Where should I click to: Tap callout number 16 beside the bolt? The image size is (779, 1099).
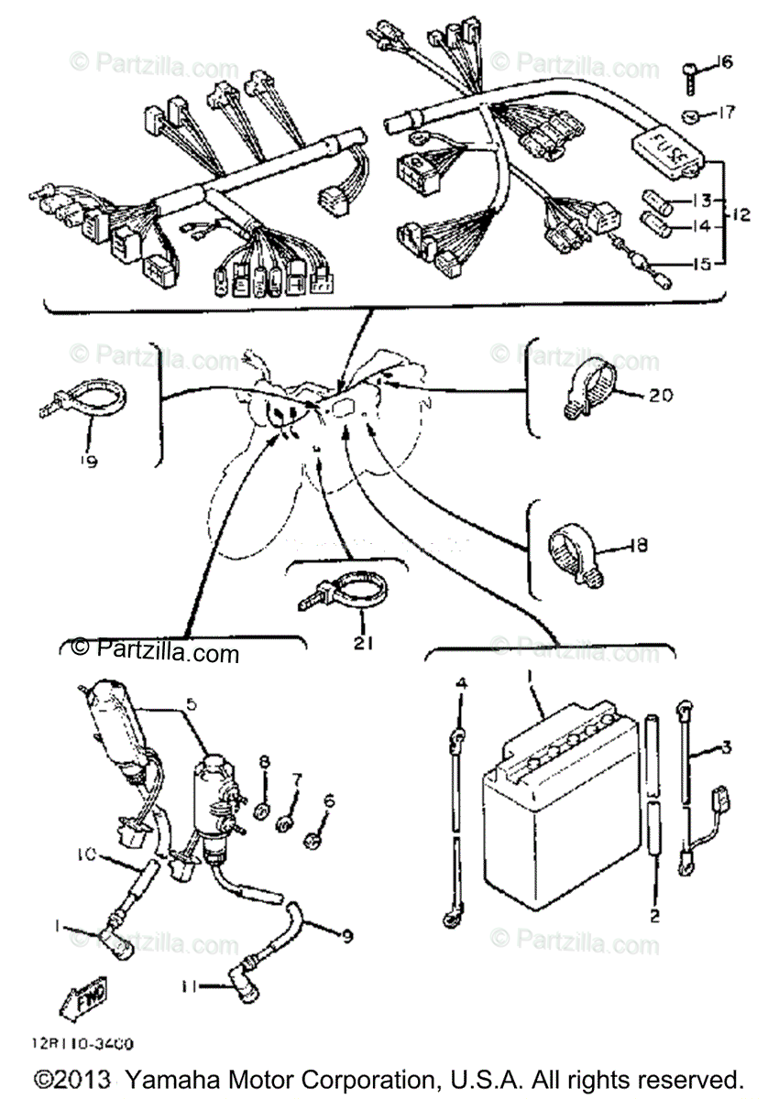point(725,62)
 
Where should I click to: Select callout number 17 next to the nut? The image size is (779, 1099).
point(725,114)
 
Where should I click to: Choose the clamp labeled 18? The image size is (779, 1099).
point(574,550)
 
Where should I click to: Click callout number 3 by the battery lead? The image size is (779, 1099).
point(726,748)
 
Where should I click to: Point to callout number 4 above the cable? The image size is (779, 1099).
point(461,684)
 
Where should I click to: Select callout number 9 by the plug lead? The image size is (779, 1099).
point(346,936)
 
